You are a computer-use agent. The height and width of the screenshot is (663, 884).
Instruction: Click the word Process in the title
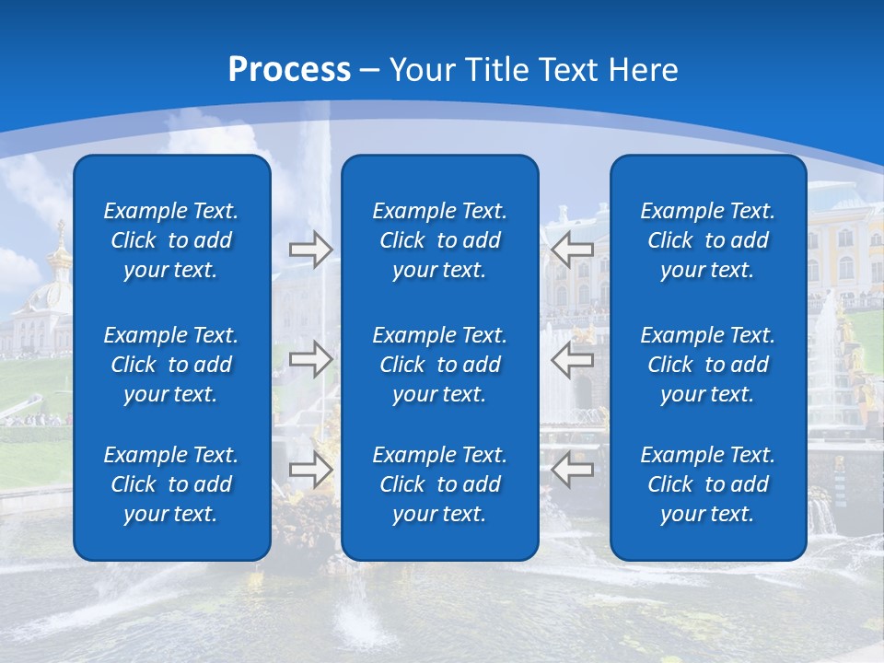coord(289,70)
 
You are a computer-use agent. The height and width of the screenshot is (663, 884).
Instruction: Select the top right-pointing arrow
coord(310,250)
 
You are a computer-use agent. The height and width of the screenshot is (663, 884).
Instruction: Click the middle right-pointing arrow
coord(310,359)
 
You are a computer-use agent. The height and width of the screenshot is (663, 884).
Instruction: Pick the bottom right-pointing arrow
coord(310,470)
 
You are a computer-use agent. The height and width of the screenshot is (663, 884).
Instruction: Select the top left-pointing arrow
coord(573,250)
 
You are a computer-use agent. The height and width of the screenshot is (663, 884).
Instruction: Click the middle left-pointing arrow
coord(573,359)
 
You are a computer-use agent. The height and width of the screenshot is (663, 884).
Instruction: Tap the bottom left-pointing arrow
coord(573,470)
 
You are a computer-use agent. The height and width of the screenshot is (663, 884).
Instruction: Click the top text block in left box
coord(171,240)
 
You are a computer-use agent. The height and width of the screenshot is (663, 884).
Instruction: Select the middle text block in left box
coord(171,365)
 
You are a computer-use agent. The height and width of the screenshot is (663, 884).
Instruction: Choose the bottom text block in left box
coord(171,484)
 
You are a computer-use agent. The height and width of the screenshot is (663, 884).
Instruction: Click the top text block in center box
coord(439,240)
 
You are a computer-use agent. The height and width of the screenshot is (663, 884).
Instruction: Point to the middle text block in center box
coord(439,365)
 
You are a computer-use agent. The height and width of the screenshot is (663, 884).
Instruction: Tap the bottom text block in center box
coord(439,484)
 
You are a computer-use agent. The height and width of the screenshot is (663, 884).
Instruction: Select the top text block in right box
coord(707,240)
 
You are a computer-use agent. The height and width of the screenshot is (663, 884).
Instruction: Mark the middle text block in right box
coord(707,365)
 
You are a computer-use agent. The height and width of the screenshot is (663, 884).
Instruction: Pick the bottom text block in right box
coord(707,484)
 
